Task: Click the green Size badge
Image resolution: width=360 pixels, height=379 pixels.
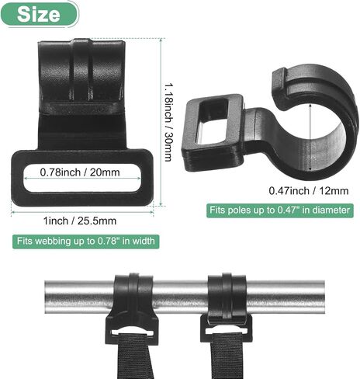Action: coord(40,14)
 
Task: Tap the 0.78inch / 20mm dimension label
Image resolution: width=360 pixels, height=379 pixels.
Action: coord(80,172)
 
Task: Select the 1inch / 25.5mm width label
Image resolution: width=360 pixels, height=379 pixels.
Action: coord(80,221)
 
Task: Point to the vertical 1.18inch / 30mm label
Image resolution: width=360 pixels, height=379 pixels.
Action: coord(168,122)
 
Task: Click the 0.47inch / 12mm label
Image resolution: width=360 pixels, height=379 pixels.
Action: coord(309,191)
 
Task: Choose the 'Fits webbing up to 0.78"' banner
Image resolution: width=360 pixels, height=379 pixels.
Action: coord(86,242)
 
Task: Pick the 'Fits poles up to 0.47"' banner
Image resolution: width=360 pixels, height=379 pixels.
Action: coord(280,210)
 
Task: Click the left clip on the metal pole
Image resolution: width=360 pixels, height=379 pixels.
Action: coord(132,308)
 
